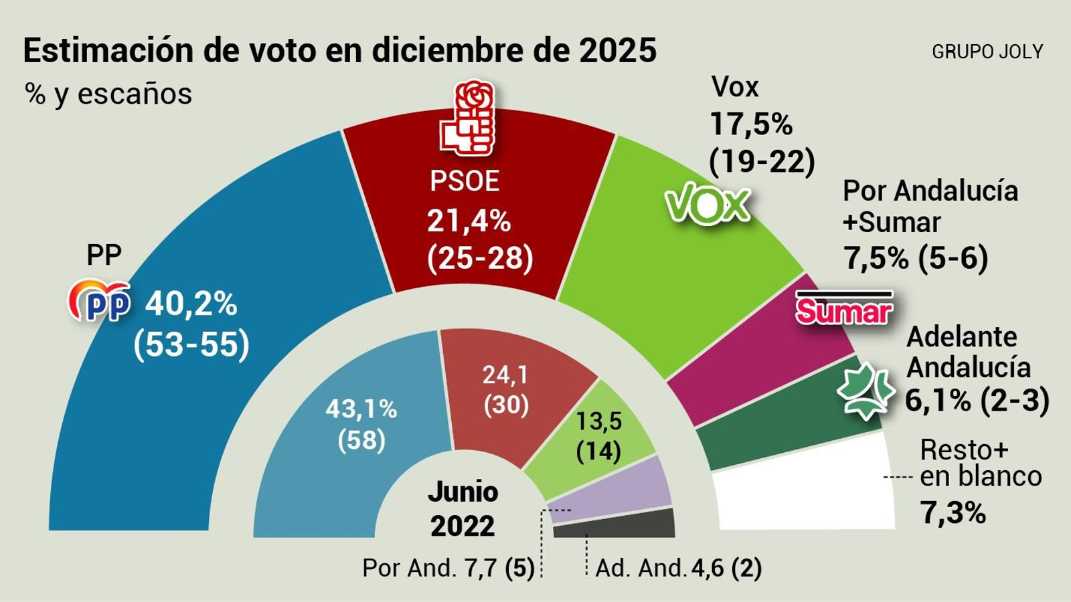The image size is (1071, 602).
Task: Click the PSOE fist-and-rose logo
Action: (467, 119)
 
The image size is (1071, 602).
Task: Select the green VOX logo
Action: (708, 204)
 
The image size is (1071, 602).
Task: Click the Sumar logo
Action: (843, 310)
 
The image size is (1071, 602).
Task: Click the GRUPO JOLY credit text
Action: (987, 52)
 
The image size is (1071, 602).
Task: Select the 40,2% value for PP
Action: (191, 304)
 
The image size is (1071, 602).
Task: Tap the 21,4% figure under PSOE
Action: (469, 221)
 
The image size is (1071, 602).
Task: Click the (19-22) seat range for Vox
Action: (762, 161)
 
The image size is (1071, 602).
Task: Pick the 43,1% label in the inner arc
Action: (361, 409)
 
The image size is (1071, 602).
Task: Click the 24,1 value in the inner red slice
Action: (505, 375)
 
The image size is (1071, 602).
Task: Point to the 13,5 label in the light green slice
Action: (598, 421)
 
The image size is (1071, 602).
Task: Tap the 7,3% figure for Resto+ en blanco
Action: (953, 513)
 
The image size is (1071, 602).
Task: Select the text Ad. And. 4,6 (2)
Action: (678, 569)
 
